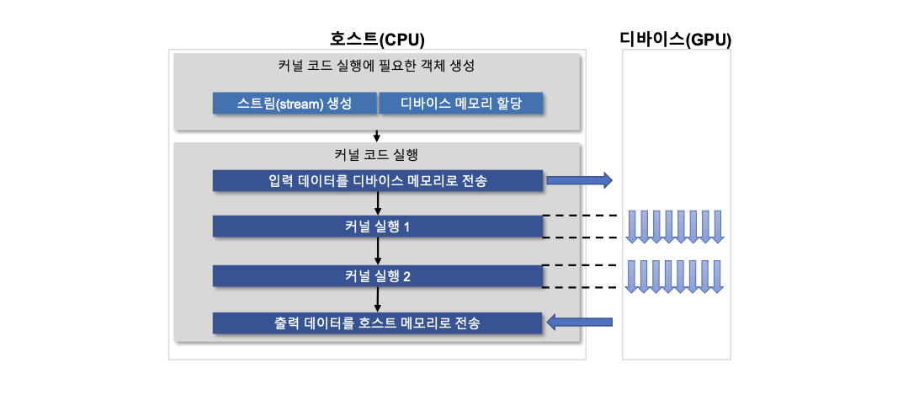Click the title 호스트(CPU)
tap(377, 40)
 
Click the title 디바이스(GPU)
tap(676, 40)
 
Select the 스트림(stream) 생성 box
tap(295, 104)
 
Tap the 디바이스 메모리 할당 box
tap(460, 104)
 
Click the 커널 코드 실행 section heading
tap(375, 155)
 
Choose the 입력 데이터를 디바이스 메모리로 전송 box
tap(377, 180)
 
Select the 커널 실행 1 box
tap(377, 227)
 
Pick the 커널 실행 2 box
tap(377, 275)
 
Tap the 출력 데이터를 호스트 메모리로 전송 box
tap(377, 323)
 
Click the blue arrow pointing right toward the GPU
tap(579, 180)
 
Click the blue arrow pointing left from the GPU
tap(579, 322)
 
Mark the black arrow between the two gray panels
tap(377, 136)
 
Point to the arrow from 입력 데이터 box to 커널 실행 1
tap(377, 203)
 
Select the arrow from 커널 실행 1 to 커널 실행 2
tap(377, 251)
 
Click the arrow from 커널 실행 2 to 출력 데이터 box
tap(377, 299)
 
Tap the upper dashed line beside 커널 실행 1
tap(580, 216)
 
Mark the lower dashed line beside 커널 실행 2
tap(580, 287)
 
